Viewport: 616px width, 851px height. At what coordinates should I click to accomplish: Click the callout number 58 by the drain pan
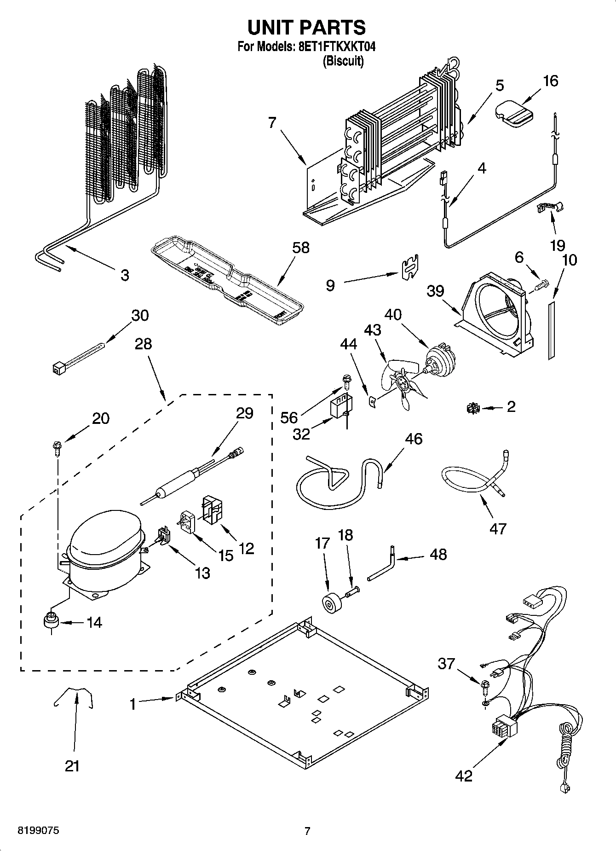click(301, 248)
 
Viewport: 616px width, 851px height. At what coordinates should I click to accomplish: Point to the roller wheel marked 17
click(329, 603)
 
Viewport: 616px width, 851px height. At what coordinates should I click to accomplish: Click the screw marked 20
click(57, 447)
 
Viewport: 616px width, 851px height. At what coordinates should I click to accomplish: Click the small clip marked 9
click(409, 267)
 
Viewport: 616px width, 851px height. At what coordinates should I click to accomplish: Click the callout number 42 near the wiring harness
click(464, 776)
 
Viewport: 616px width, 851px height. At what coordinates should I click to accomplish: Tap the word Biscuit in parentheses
click(343, 61)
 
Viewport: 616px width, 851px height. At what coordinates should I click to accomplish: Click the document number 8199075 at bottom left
click(38, 831)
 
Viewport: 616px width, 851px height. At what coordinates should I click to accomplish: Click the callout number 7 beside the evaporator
click(272, 123)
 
